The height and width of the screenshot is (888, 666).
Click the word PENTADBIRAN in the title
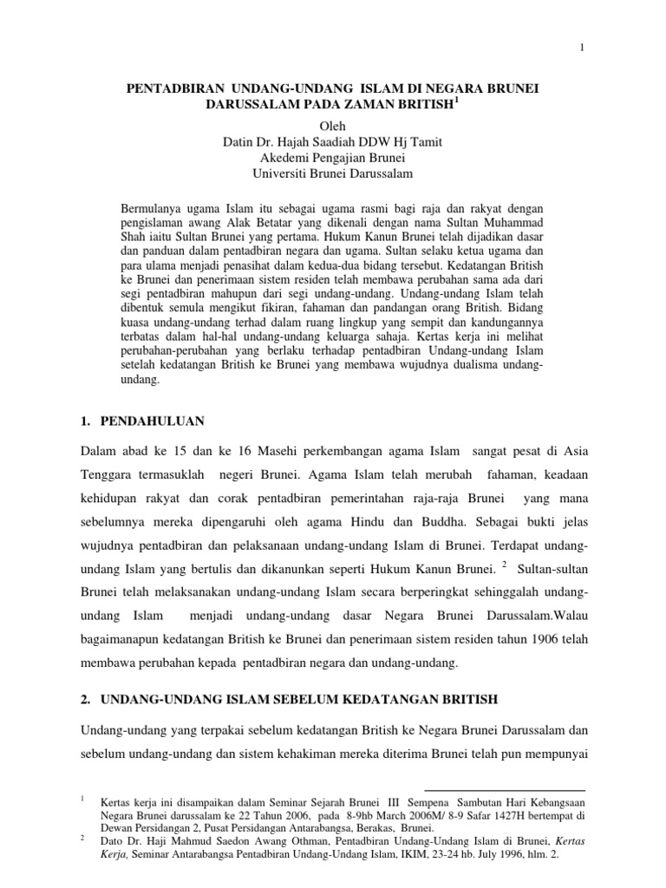(x=169, y=90)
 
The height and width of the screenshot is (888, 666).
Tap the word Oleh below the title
(x=333, y=127)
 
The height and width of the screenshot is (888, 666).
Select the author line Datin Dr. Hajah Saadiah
(x=333, y=142)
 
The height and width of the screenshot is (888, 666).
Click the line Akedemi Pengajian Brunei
(x=333, y=158)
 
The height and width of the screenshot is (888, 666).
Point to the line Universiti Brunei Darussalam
(x=333, y=173)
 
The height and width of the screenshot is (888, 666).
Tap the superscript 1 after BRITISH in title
(x=459, y=101)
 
